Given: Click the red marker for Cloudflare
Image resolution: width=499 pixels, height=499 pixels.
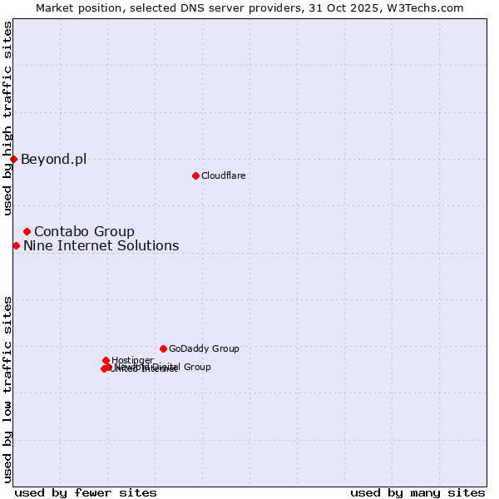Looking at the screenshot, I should tap(195, 175).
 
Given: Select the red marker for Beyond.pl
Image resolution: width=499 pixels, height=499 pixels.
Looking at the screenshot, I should tap(13, 159).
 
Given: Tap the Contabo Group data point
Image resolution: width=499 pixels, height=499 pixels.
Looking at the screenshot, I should tap(27, 231).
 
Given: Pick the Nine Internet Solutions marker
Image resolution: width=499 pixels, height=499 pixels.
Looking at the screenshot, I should tap(16, 245).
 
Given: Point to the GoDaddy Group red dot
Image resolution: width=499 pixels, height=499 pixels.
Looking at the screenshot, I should tap(163, 348).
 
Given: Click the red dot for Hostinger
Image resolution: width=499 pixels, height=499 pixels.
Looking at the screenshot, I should tap(106, 360).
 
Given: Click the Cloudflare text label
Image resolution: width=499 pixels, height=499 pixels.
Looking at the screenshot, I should tap(223, 175).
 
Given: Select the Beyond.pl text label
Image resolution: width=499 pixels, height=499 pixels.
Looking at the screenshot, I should tap(53, 159).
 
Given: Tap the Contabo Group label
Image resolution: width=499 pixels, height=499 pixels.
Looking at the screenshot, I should tap(84, 231).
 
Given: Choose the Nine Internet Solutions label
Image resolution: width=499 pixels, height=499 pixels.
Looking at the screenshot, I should tap(101, 245).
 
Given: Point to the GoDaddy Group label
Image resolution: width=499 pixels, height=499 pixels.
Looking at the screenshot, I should tap(204, 348).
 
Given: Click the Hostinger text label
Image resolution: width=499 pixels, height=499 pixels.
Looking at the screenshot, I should tap(132, 360).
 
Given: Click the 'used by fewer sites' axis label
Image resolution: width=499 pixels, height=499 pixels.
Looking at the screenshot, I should tap(86, 492).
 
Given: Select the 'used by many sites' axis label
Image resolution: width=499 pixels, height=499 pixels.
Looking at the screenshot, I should tap(417, 492).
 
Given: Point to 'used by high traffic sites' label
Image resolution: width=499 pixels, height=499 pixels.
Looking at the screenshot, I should tap(8, 118).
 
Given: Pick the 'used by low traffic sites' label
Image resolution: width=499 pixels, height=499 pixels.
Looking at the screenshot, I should tap(8, 389).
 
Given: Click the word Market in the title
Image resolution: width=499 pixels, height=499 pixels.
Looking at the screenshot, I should tap(54, 8).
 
